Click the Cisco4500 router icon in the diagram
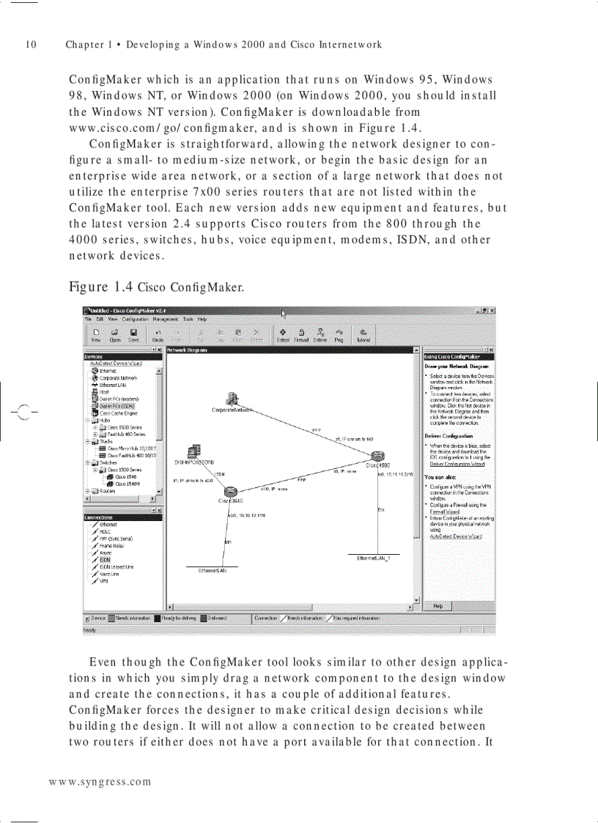(x=377, y=457)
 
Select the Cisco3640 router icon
(x=230, y=491)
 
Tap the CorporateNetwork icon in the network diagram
(x=232, y=399)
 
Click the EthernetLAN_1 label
(x=374, y=558)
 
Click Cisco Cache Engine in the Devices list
(x=114, y=413)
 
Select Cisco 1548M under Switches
(x=128, y=484)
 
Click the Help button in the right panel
(x=438, y=606)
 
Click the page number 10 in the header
(x=31, y=45)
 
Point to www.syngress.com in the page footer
(x=100, y=781)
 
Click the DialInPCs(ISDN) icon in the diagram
(x=194, y=452)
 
